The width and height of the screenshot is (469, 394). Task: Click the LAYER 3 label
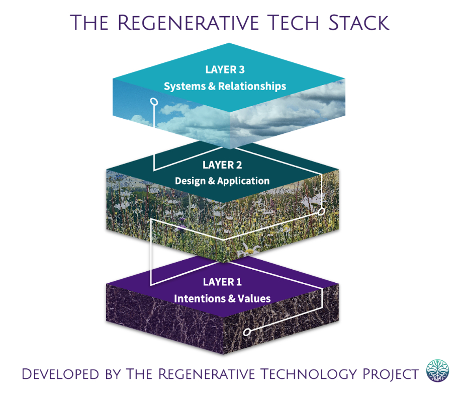[225, 70]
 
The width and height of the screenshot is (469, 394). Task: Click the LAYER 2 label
[222, 165]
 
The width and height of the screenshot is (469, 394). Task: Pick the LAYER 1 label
[222, 282]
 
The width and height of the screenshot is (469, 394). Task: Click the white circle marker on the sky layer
[154, 102]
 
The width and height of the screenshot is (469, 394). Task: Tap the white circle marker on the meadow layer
[322, 211]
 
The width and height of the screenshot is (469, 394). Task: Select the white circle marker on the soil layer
[246, 332]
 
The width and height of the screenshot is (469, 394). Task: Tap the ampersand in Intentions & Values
[232, 298]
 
